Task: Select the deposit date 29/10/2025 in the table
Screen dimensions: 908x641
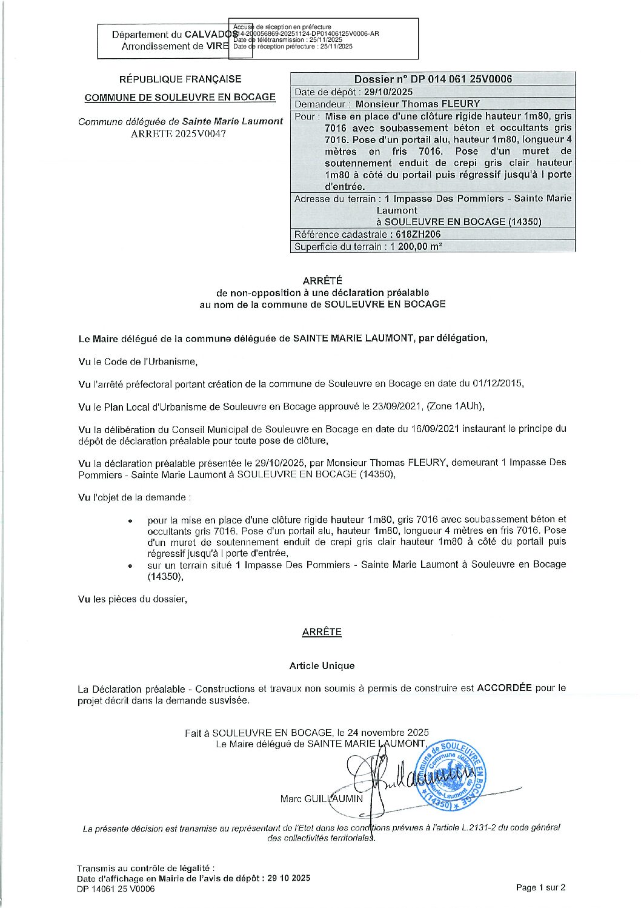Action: (x=388, y=92)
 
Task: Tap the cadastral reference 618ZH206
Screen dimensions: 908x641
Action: (x=416, y=234)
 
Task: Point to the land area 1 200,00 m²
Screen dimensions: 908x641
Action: (x=416, y=246)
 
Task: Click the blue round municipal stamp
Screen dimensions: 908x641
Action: (x=451, y=775)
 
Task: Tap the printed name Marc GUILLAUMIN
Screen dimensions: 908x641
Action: (x=321, y=798)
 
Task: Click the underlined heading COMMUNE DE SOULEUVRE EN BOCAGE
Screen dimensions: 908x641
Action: (x=180, y=97)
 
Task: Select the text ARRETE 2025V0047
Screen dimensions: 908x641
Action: (x=178, y=133)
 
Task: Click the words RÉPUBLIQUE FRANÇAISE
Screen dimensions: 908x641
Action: (x=180, y=79)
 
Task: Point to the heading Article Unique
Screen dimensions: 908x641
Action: (x=322, y=665)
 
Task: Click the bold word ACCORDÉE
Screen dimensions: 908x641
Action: (x=504, y=688)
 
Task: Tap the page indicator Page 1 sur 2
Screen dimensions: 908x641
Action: (x=540, y=887)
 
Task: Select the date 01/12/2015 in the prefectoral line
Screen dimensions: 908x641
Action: (x=500, y=383)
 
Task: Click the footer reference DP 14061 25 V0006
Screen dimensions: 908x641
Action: (x=116, y=889)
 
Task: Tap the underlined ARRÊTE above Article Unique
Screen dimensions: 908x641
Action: (x=322, y=631)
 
